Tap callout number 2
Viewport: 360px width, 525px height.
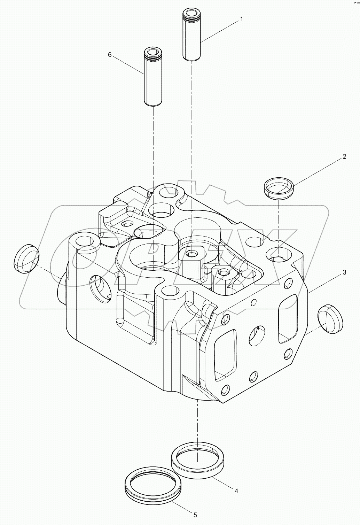point(344,157)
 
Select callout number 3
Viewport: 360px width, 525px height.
point(344,272)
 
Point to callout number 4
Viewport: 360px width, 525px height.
point(236,491)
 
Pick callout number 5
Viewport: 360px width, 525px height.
point(195,515)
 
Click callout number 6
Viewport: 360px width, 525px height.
point(110,55)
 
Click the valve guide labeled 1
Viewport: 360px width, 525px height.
point(192,37)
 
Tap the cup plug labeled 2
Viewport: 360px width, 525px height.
point(279,188)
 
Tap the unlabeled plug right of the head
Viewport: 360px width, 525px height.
point(330,319)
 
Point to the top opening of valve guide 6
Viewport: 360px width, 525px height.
point(153,52)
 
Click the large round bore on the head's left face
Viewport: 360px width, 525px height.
point(100,287)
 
